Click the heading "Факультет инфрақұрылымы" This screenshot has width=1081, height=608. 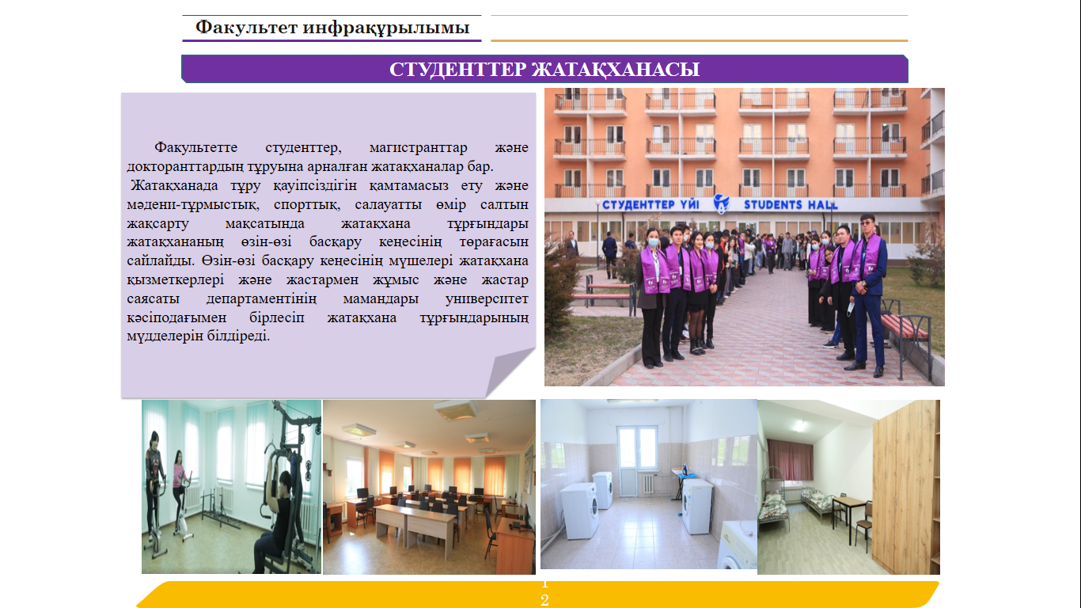(332, 28)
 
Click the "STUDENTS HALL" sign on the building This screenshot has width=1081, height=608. (790, 205)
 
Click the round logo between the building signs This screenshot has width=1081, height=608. (721, 203)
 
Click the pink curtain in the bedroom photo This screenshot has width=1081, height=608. (790, 458)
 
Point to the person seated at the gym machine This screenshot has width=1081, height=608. (277, 515)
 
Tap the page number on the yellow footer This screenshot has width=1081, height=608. (544, 593)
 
